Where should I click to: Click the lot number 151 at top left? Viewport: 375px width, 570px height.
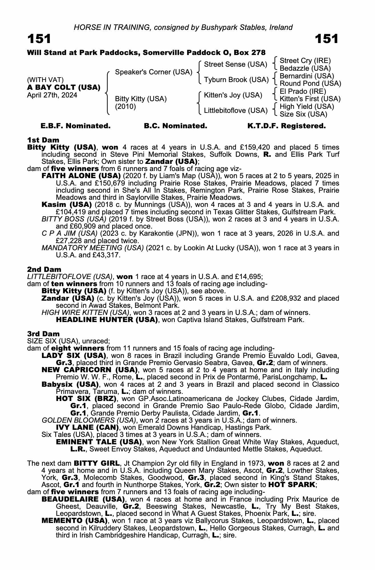coord(39,39)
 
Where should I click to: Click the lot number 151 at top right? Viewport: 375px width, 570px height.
coord(327,39)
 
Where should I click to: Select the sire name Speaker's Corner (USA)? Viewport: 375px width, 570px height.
coord(153,72)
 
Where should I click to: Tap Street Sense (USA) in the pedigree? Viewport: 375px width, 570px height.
coord(236,64)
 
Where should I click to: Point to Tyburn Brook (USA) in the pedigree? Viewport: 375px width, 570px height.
coord(236,80)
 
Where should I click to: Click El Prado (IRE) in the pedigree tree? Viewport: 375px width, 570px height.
coord(303,91)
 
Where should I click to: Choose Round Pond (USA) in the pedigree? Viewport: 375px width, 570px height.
coord(310,84)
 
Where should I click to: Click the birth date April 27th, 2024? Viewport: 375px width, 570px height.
coord(52,95)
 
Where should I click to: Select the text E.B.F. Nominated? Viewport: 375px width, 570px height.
coord(76,126)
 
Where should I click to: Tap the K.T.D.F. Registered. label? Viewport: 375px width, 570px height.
coord(286,126)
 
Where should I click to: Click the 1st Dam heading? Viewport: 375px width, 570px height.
coord(43,140)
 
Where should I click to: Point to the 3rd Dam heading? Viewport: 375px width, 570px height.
coord(43,334)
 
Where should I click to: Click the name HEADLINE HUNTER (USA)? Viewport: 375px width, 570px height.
coord(107,320)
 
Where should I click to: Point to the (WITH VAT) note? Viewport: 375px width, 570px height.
coord(45,80)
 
